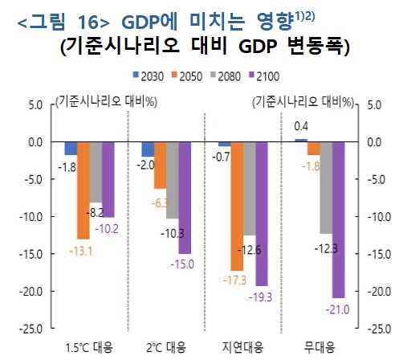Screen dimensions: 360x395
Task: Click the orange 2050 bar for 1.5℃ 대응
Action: point(83,190)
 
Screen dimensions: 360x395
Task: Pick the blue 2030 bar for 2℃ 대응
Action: point(148,149)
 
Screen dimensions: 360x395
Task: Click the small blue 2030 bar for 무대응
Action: point(300,140)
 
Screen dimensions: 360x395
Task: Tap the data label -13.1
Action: point(81,249)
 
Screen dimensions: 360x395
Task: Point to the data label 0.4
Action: point(302,126)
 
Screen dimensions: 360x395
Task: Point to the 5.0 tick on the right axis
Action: point(373,104)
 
